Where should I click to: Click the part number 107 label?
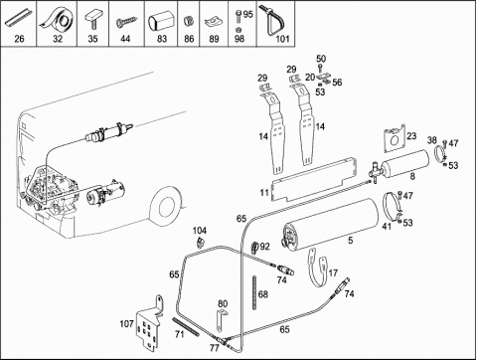pos(126,323)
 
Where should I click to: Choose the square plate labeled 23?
pos(395,138)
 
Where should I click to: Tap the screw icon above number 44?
pos(126,22)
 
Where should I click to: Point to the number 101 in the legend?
pos(282,39)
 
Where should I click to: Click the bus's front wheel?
pos(167,206)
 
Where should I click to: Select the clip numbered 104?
pos(200,242)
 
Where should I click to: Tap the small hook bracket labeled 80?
pos(221,319)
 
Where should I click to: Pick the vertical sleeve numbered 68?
pos(254,292)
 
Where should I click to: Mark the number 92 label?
pos(265,247)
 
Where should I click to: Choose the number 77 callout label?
pos(214,348)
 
